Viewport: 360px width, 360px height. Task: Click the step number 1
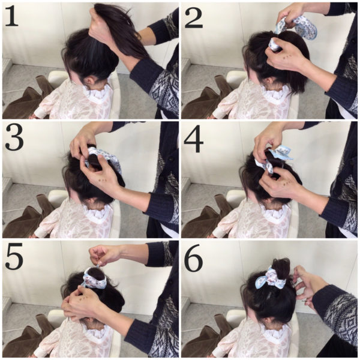pos(11,16)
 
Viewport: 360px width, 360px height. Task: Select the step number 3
pos(14,138)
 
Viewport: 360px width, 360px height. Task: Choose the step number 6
pos(194,257)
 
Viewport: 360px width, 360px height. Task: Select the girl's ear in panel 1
pos(89,81)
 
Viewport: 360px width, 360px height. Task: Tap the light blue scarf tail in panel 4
pos(282,152)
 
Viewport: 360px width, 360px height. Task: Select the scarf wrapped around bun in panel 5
pos(95,279)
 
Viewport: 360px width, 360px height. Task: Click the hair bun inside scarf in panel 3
pos(94,161)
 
